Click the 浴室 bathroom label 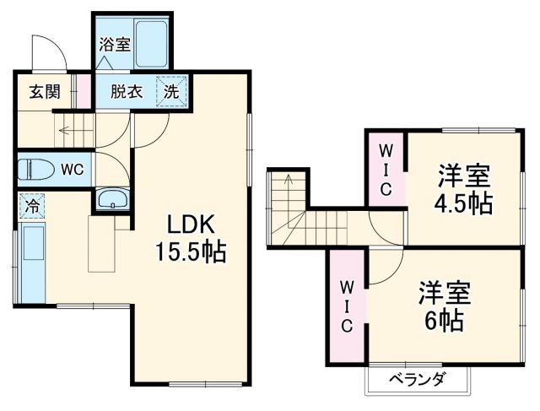pos(115,45)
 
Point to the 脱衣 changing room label pos(124,92)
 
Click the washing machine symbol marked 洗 pos(172,92)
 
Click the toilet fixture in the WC pos(35,168)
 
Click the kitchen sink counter pos(33,262)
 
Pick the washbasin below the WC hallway pos(111,200)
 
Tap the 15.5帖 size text pos(191,252)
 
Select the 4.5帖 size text pos(464,204)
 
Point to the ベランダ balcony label pos(416,379)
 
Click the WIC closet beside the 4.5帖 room pos(385,168)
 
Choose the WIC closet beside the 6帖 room pos(347,304)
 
